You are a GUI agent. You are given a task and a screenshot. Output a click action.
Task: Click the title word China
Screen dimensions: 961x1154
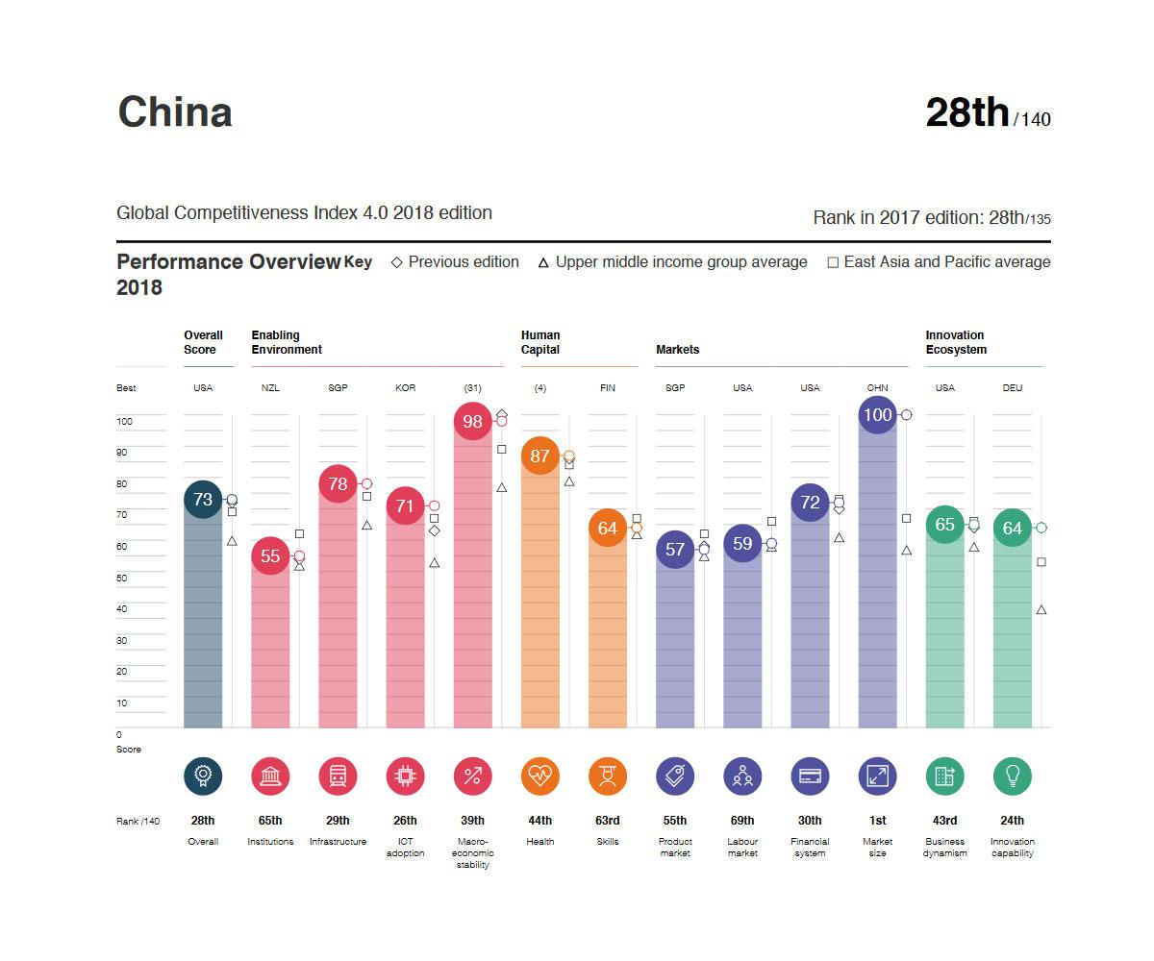coord(174,111)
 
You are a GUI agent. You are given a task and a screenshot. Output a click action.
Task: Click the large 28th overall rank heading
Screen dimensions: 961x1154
coord(966,112)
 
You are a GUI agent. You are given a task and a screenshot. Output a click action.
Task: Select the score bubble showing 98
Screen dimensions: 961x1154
coord(472,421)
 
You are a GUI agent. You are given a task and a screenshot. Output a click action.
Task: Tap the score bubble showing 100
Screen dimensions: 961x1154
coord(877,415)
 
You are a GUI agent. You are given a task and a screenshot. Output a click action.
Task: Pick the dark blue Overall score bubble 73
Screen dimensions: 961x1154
coord(203,499)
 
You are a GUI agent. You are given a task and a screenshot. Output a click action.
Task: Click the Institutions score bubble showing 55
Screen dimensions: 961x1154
coord(270,555)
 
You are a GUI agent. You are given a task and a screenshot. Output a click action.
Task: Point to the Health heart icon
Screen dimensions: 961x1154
coord(539,776)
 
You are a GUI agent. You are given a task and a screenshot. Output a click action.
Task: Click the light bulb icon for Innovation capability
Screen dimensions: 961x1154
coord(1012,776)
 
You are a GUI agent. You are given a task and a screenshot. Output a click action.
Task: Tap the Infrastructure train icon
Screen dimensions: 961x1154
coord(338,776)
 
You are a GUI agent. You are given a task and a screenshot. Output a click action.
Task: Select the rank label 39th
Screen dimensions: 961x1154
coord(472,821)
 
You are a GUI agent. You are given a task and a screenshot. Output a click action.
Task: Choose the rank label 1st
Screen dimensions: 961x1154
coord(877,821)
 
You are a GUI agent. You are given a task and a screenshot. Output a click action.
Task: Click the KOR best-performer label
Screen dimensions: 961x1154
coord(405,388)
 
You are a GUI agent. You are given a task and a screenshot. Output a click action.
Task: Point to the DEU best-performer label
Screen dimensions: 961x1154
coord(1012,388)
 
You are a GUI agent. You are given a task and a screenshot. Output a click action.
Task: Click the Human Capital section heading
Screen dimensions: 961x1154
coord(540,342)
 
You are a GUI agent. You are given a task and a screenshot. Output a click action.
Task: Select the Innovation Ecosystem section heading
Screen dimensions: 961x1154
coord(956,342)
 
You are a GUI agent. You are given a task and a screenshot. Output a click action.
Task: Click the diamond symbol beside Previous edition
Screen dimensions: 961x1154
coord(396,262)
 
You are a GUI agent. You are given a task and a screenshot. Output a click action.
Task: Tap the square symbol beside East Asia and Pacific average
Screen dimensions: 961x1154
coord(833,262)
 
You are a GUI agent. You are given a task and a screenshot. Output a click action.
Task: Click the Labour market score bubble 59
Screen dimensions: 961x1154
coord(742,544)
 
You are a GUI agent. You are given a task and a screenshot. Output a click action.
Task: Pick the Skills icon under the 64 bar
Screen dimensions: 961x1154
coord(607,776)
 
